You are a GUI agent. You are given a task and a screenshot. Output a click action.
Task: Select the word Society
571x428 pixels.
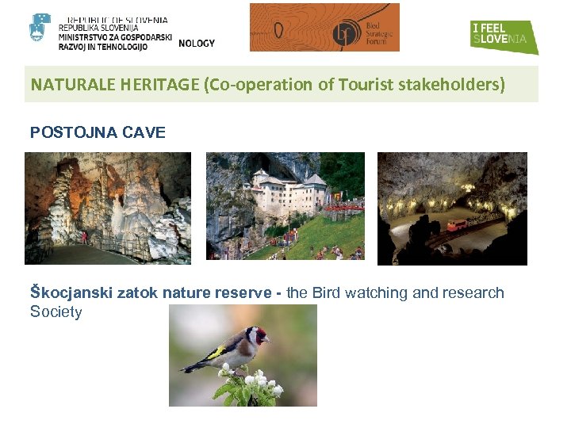pos(56,312)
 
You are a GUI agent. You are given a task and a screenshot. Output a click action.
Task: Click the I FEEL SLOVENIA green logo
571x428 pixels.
pos(503,36)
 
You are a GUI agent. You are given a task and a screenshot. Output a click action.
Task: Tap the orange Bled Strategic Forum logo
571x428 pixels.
pos(324,28)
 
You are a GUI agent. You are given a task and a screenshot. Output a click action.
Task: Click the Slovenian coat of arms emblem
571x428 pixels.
pos(40,29)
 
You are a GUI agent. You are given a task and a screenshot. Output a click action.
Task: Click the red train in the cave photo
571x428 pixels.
pos(458,225)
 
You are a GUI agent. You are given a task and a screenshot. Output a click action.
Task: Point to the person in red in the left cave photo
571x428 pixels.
pos(85,237)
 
